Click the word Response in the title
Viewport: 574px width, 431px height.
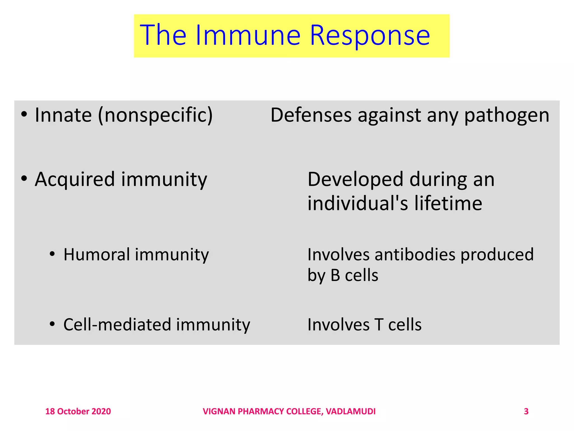pyautogui.click(x=370, y=36)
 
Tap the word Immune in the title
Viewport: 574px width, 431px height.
pyautogui.click(x=248, y=35)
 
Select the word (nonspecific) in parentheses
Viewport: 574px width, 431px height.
pyautogui.click(x=155, y=116)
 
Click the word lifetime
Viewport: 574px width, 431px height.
pyautogui.click(x=448, y=203)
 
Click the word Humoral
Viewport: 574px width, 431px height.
pyautogui.click(x=96, y=255)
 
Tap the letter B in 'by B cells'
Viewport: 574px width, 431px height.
pyautogui.click(x=335, y=275)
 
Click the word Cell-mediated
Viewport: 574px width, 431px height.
pyautogui.click(x=117, y=325)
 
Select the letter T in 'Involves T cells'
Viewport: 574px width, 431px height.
pyautogui.click(x=379, y=325)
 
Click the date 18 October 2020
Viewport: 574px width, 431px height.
pyautogui.click(x=78, y=411)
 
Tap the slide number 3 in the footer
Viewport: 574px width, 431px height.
pyautogui.click(x=526, y=411)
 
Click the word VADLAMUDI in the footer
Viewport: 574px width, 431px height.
pyautogui.click(x=351, y=411)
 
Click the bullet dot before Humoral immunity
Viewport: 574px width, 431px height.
pyautogui.click(x=52, y=254)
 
